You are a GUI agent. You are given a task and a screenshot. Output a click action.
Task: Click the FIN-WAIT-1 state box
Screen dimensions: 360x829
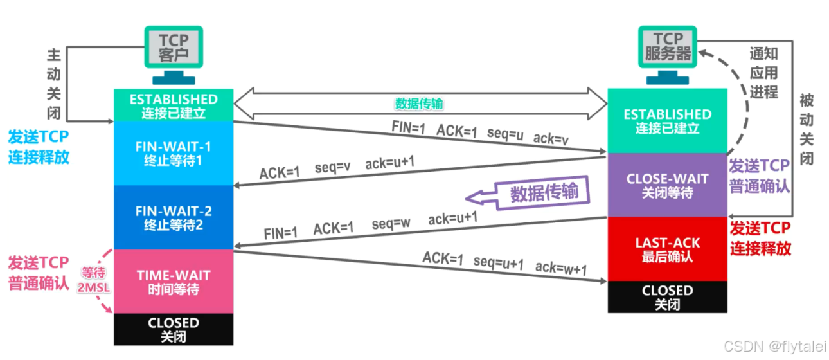click(x=173, y=153)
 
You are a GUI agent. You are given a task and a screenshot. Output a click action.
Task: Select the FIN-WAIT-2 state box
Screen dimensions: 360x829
click(x=173, y=217)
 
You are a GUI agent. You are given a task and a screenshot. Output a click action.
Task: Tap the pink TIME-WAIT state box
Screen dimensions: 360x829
click(x=173, y=282)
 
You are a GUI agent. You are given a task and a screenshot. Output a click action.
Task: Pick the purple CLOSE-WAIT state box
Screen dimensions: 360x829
click(x=667, y=185)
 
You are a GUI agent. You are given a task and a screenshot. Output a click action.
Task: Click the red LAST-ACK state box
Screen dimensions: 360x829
click(x=667, y=249)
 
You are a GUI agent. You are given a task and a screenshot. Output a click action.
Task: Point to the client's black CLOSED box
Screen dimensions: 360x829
click(x=173, y=329)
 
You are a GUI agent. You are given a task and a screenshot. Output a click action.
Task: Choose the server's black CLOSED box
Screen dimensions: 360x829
click(x=667, y=297)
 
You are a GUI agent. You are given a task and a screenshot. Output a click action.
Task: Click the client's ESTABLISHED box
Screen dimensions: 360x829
click(x=173, y=105)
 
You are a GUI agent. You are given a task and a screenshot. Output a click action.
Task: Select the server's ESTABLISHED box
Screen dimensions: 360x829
click(x=667, y=121)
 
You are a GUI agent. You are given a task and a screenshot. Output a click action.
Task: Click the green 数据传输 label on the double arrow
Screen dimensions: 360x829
click(x=418, y=104)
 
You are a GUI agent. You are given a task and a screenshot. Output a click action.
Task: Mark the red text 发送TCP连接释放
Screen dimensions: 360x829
click(x=760, y=239)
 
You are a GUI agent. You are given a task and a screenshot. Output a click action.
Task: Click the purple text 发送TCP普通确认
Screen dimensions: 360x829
click(x=759, y=176)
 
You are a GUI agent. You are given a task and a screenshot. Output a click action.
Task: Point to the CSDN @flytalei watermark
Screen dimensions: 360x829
click(x=774, y=346)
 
